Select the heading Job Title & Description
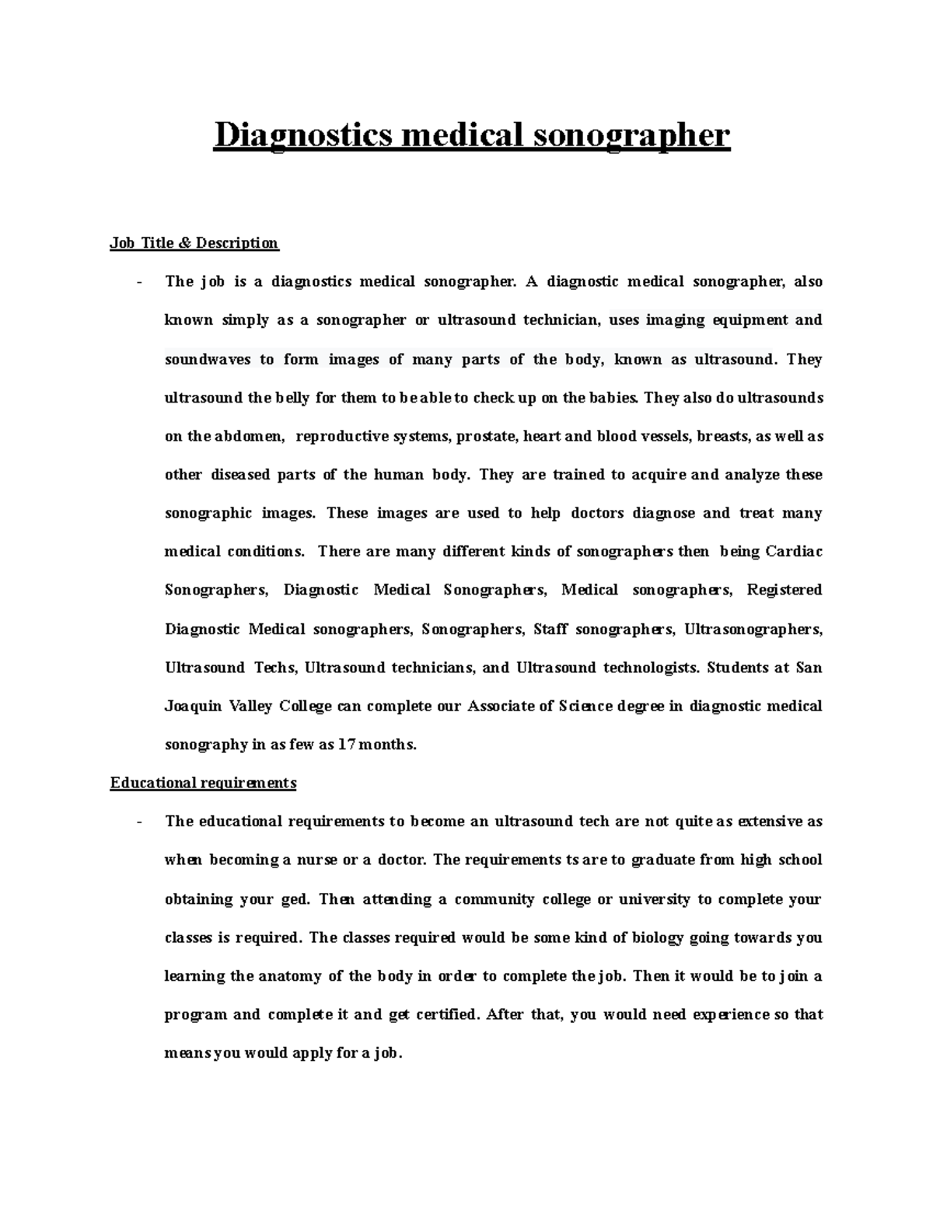coord(194,243)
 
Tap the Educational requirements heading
coord(203,783)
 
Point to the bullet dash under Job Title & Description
coord(138,282)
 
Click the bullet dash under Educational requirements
coord(138,822)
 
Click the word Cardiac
coord(794,552)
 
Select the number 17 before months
coord(346,745)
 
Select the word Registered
coord(784,590)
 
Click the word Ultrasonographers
coord(753,629)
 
